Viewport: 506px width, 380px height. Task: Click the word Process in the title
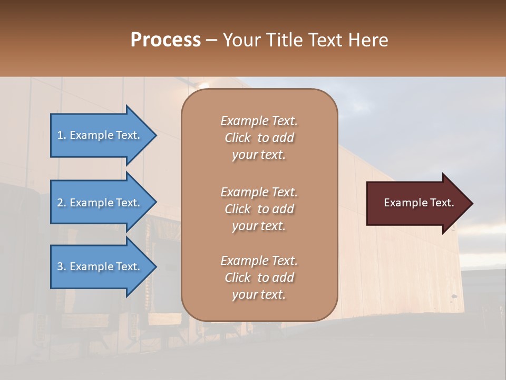(166, 40)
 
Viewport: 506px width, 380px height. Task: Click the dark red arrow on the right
(416, 203)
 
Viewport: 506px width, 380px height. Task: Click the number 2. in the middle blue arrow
(62, 203)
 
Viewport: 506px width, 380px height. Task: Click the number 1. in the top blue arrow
(62, 135)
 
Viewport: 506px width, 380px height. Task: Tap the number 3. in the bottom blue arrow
(62, 267)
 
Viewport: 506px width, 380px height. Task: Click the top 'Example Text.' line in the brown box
(259, 121)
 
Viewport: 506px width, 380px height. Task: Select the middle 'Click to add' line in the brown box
(259, 209)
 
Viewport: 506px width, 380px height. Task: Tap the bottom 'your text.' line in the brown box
(259, 294)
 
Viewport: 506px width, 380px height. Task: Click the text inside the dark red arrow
(419, 203)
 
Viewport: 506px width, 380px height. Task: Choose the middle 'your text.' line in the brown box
(259, 226)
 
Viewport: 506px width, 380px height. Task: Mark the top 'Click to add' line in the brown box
(259, 138)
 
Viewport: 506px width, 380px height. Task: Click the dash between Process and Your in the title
(212, 41)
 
